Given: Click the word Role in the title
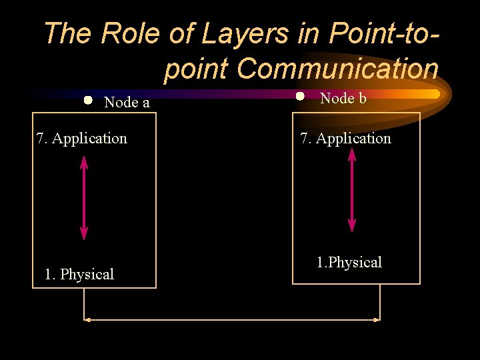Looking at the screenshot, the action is click(131, 33).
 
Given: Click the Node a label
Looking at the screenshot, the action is click(127, 103).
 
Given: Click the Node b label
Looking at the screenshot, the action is click(343, 99).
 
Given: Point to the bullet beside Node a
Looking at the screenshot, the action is click(88, 101).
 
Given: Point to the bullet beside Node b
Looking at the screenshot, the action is click(300, 96).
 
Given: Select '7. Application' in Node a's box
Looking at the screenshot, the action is click(82, 139).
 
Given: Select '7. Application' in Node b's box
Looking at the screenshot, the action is click(346, 139).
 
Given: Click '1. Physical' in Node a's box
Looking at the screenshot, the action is click(79, 274).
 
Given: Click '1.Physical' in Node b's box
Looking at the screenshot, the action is click(349, 263).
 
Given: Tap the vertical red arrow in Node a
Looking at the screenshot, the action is click(84, 197).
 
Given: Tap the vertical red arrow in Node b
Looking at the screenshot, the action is click(352, 190).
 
